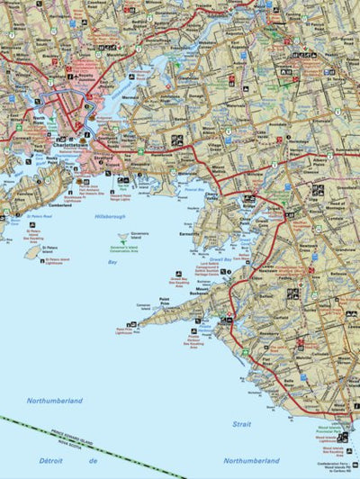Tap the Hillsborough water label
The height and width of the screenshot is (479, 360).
click(110, 217)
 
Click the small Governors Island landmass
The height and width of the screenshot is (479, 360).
click(124, 238)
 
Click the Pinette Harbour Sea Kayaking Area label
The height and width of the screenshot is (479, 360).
click(197, 342)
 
